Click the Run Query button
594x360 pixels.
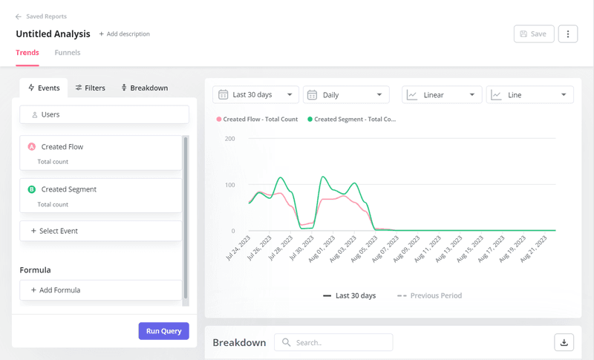click(163, 331)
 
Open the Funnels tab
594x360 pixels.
click(68, 53)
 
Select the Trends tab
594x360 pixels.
click(27, 53)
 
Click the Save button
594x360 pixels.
click(533, 34)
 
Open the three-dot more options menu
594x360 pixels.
click(568, 34)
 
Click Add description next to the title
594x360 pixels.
click(125, 34)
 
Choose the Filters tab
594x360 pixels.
click(90, 88)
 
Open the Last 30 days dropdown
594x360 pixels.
click(255, 95)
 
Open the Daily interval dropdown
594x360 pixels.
click(346, 95)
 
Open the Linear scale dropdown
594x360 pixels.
click(441, 95)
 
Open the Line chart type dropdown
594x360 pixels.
click(529, 95)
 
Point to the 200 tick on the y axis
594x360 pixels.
click(229, 139)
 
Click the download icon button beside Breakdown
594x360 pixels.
click(564, 342)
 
